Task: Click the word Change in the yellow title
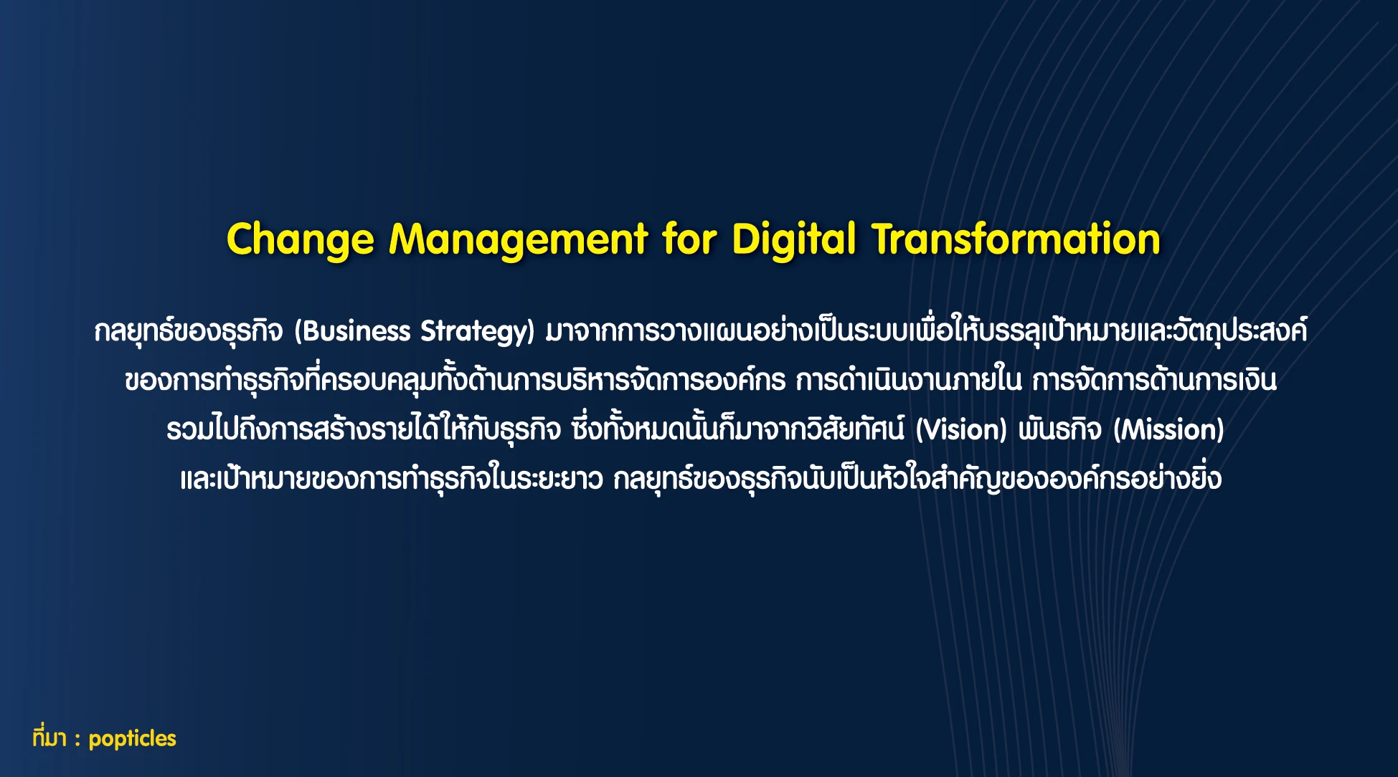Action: [x=301, y=240]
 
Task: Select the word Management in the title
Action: [x=518, y=240]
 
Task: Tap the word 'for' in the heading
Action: [x=689, y=239]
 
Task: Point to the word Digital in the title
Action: [x=793, y=240]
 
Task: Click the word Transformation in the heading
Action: [x=1016, y=239]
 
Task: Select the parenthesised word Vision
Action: [x=962, y=430]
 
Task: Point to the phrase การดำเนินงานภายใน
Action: [x=908, y=380]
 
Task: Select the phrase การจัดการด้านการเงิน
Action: [x=1155, y=380]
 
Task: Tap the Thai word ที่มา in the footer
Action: [x=49, y=738]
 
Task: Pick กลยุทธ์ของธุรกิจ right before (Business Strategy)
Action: [x=189, y=331]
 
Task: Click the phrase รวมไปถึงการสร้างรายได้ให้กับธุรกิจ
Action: [x=364, y=429]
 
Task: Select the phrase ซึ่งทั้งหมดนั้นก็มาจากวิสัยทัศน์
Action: [x=739, y=429]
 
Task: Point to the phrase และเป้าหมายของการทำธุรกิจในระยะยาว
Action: [x=392, y=479]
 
